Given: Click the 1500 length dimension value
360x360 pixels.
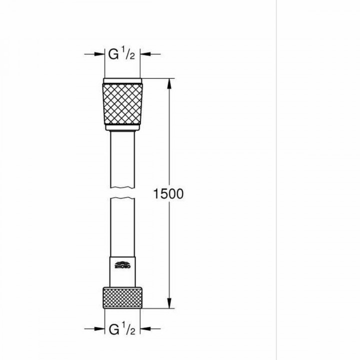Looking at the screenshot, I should pos(170,193).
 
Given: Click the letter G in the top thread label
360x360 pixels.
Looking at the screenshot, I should pos(114,54).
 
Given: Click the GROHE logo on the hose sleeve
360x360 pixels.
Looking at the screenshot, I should pos(122,265).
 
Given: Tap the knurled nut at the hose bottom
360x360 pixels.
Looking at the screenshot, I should pos(122,299).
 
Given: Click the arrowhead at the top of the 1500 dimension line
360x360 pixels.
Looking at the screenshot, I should pos(170,82).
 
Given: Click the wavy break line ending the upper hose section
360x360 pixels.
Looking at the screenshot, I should pos(122,187).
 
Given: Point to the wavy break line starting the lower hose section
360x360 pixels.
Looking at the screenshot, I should pos(122,198).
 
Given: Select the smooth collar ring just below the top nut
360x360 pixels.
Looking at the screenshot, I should pos(122,130).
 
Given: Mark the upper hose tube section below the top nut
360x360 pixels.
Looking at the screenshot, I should pos(122,160).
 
